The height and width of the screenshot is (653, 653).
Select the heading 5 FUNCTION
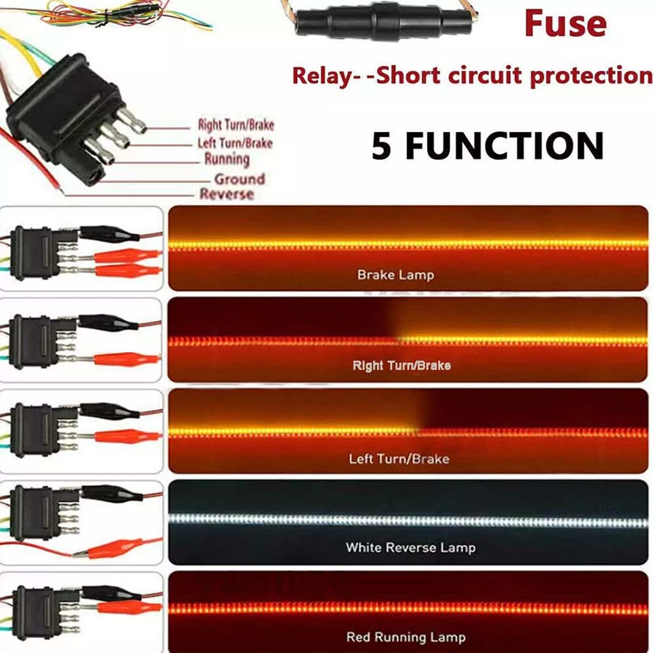tap(488, 145)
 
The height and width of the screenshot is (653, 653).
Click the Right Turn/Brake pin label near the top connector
tap(235, 125)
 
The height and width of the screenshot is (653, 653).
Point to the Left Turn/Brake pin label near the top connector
tap(234, 142)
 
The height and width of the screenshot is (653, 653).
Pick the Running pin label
tap(227, 159)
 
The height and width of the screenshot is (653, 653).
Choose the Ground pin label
tap(240, 178)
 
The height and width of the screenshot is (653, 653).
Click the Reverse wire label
tap(227, 194)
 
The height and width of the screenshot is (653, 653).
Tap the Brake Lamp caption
tap(395, 275)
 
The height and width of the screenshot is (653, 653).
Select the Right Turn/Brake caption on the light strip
tap(401, 366)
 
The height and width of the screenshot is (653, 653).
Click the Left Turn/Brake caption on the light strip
tap(398, 458)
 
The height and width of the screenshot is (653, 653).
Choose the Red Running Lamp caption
tap(406, 637)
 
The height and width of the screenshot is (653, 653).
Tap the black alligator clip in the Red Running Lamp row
tap(108, 593)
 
